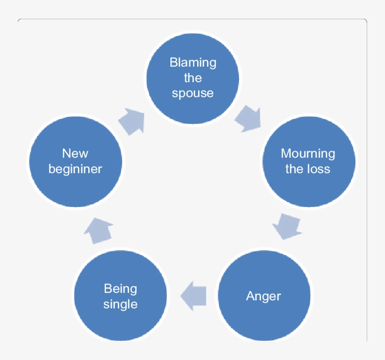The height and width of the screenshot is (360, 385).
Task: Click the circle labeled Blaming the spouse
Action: pyautogui.click(x=193, y=78)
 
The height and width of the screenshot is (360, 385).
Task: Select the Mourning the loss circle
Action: pyautogui.click(x=308, y=161)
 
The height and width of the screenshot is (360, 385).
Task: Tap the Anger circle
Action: pyautogui.click(x=264, y=296)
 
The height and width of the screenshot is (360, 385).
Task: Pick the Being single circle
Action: pyautogui.click(x=121, y=296)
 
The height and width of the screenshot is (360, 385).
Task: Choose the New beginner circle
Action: pyautogui.click(x=76, y=161)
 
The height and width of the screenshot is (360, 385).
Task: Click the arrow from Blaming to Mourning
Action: pyautogui.click(x=247, y=118)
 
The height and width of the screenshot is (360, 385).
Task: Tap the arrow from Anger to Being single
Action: pyautogui.click(x=193, y=296)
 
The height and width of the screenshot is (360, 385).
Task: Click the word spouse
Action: pyautogui.click(x=192, y=93)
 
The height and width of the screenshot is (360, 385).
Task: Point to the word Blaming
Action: pyautogui.click(x=193, y=62)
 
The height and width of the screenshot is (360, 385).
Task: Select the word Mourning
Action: pyautogui.click(x=308, y=153)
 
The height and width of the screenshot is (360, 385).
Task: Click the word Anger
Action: pyautogui.click(x=263, y=296)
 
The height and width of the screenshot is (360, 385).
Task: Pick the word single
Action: pyautogui.click(x=121, y=304)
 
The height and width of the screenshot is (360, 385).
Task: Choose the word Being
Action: pyautogui.click(x=121, y=289)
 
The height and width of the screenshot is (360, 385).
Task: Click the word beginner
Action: pyautogui.click(x=75, y=169)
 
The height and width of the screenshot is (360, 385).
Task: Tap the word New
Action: pyautogui.click(x=75, y=153)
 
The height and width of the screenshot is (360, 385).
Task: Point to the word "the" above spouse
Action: pyautogui.click(x=193, y=78)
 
